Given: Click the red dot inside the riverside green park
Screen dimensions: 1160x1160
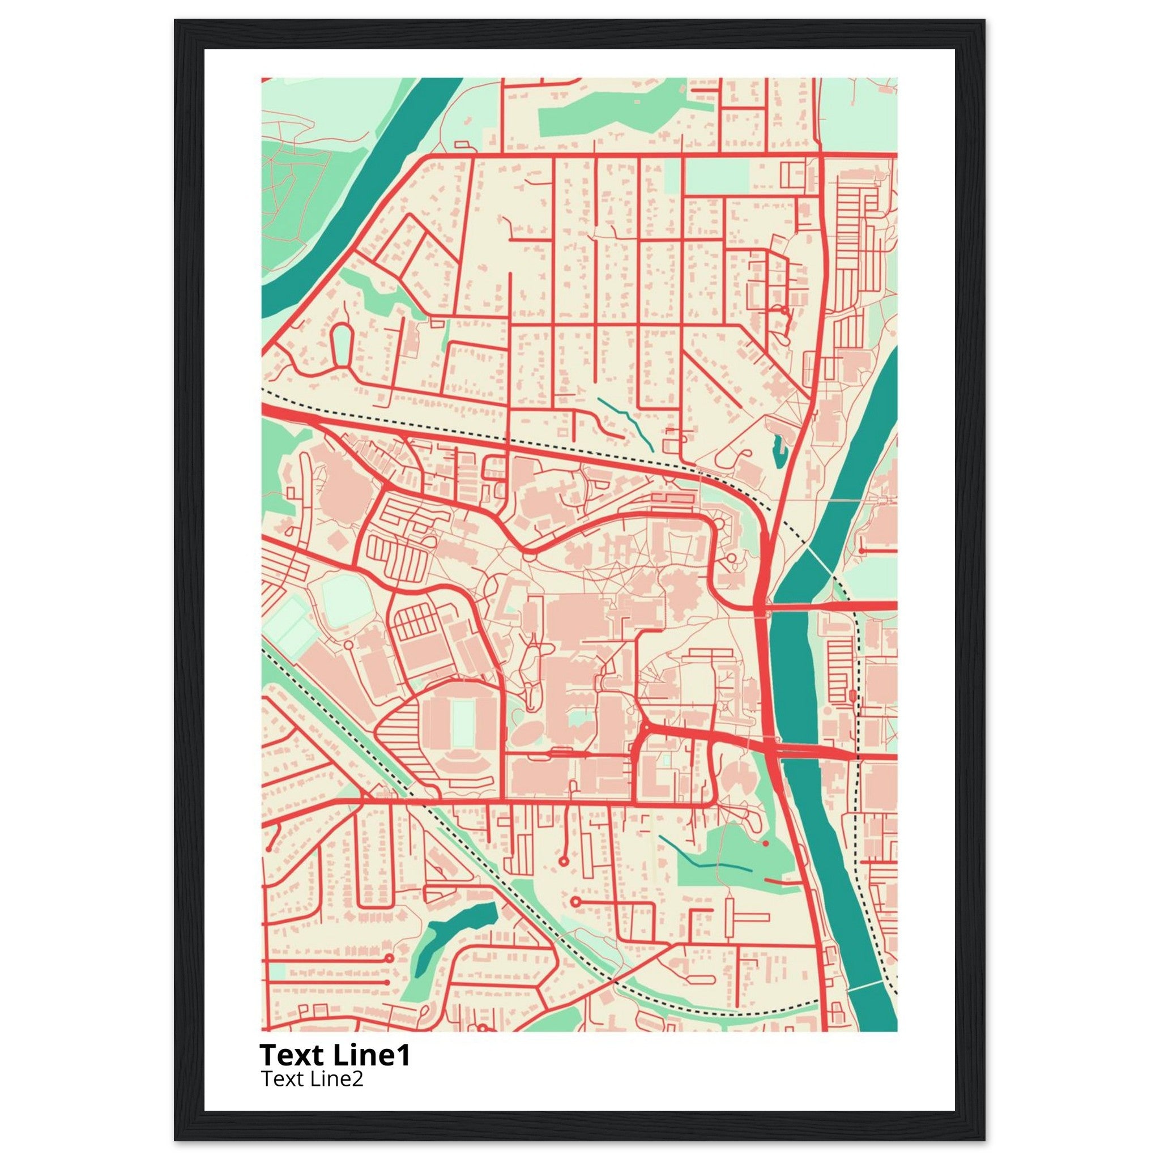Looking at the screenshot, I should pos(766,843).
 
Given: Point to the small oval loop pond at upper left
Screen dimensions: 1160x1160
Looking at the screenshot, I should pos(342,346).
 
